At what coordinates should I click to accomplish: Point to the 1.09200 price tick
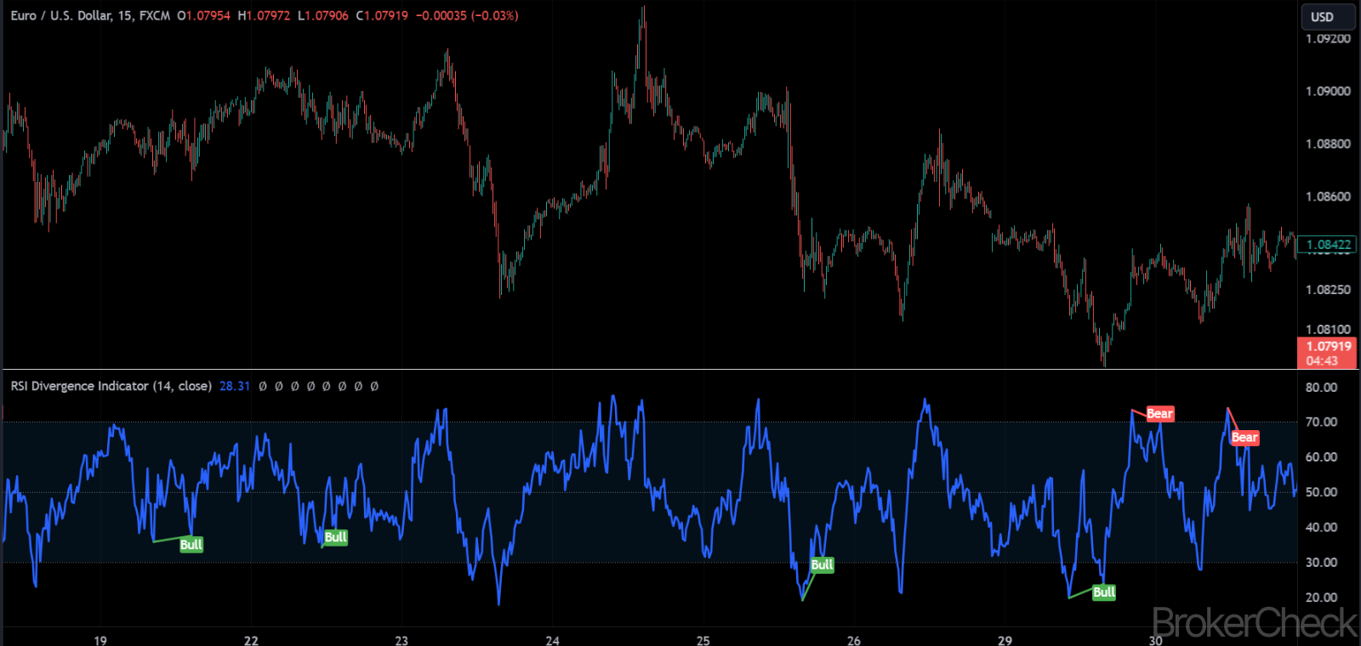1328,38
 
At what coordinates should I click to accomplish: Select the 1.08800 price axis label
1328,144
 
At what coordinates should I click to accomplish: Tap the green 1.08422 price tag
1328,245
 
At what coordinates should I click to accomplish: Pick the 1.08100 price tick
1328,329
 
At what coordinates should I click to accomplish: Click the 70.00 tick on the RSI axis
1321,422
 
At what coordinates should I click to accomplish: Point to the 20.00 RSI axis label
1321,598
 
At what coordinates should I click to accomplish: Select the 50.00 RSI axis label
1321,492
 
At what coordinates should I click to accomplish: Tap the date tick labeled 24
552,640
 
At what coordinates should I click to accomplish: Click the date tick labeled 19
100,640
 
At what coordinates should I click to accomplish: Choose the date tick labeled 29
1005,640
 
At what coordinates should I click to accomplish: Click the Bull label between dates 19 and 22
191,545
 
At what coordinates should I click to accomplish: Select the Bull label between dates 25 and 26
822,564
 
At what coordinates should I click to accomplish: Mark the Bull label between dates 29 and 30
1104,592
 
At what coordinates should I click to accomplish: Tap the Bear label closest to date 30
1159,414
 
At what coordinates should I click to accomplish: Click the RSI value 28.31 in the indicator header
235,386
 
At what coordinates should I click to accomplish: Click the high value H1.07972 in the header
264,15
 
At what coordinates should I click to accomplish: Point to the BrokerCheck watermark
1255,623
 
